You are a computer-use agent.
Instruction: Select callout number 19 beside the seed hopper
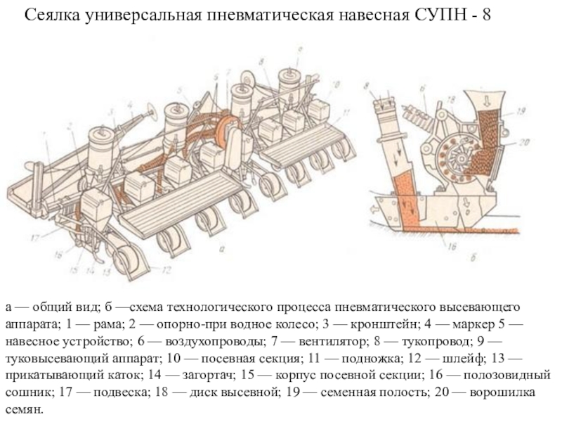[521, 111]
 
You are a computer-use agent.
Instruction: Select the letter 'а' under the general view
[222, 248]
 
